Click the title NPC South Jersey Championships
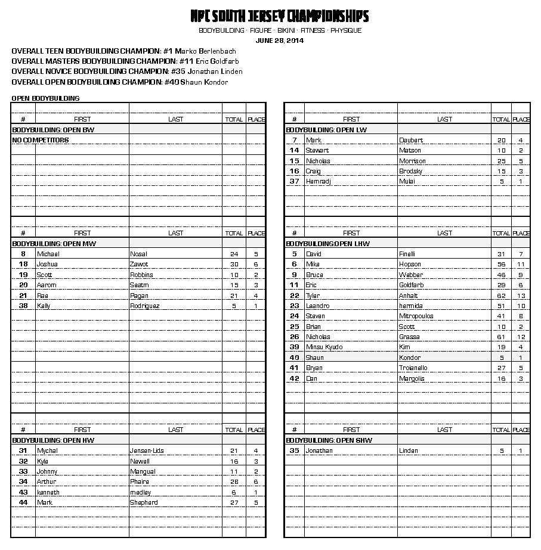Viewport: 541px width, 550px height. point(279,16)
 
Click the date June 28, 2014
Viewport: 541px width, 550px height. point(279,41)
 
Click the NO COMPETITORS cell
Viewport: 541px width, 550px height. point(41,140)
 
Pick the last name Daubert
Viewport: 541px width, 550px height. point(411,140)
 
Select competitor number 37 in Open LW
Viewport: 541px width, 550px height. point(294,182)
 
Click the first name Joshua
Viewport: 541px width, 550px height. point(47,265)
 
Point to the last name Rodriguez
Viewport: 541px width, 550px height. point(145,306)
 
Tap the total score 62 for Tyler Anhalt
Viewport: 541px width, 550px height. point(501,296)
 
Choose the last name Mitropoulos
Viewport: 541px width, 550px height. point(416,316)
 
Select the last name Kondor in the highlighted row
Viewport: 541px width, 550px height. point(410,358)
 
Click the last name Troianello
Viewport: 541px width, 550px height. point(413,368)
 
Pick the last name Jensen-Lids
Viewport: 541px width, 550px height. point(147,451)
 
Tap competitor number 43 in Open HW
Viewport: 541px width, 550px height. point(23,493)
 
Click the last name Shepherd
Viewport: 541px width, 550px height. point(144,503)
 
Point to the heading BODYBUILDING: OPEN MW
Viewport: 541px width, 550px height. point(54,244)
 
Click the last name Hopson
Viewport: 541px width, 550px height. point(410,265)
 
